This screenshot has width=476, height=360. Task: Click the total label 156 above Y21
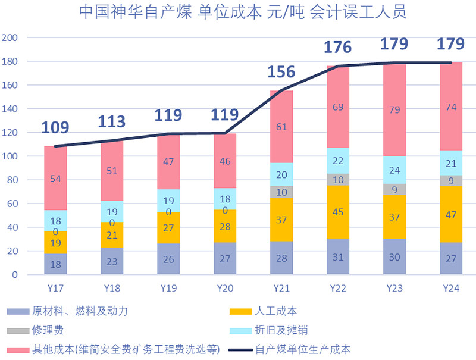click(281, 72)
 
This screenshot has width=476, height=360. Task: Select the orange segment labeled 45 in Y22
click(339, 212)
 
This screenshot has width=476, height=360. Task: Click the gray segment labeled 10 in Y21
click(282, 192)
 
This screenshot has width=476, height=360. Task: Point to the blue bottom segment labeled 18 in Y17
click(56, 264)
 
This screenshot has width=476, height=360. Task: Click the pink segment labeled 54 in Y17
click(56, 179)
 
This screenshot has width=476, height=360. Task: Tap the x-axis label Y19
click(169, 288)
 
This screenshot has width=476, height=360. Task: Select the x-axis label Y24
click(451, 288)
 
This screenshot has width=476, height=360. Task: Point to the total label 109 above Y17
click(56, 127)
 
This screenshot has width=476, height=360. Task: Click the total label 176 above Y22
click(339, 47)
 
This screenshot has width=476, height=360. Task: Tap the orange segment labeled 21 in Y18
click(112, 236)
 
